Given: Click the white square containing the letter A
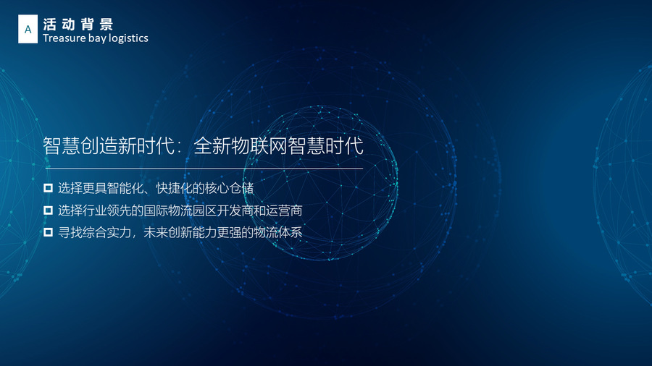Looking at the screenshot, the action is pos(28,29).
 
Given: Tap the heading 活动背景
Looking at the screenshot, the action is pos(78,24).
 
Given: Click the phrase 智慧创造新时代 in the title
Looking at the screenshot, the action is pos(109,145).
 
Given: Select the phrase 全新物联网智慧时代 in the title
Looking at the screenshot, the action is pos(279,145).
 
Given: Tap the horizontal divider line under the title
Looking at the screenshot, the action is pos(204,169).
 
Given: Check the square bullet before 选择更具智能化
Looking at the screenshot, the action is pos(49,188).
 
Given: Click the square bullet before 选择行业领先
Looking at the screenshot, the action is pos(49,210).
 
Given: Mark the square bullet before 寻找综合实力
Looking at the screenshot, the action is pos(49,232).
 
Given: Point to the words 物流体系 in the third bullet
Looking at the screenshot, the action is pos(277,232).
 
